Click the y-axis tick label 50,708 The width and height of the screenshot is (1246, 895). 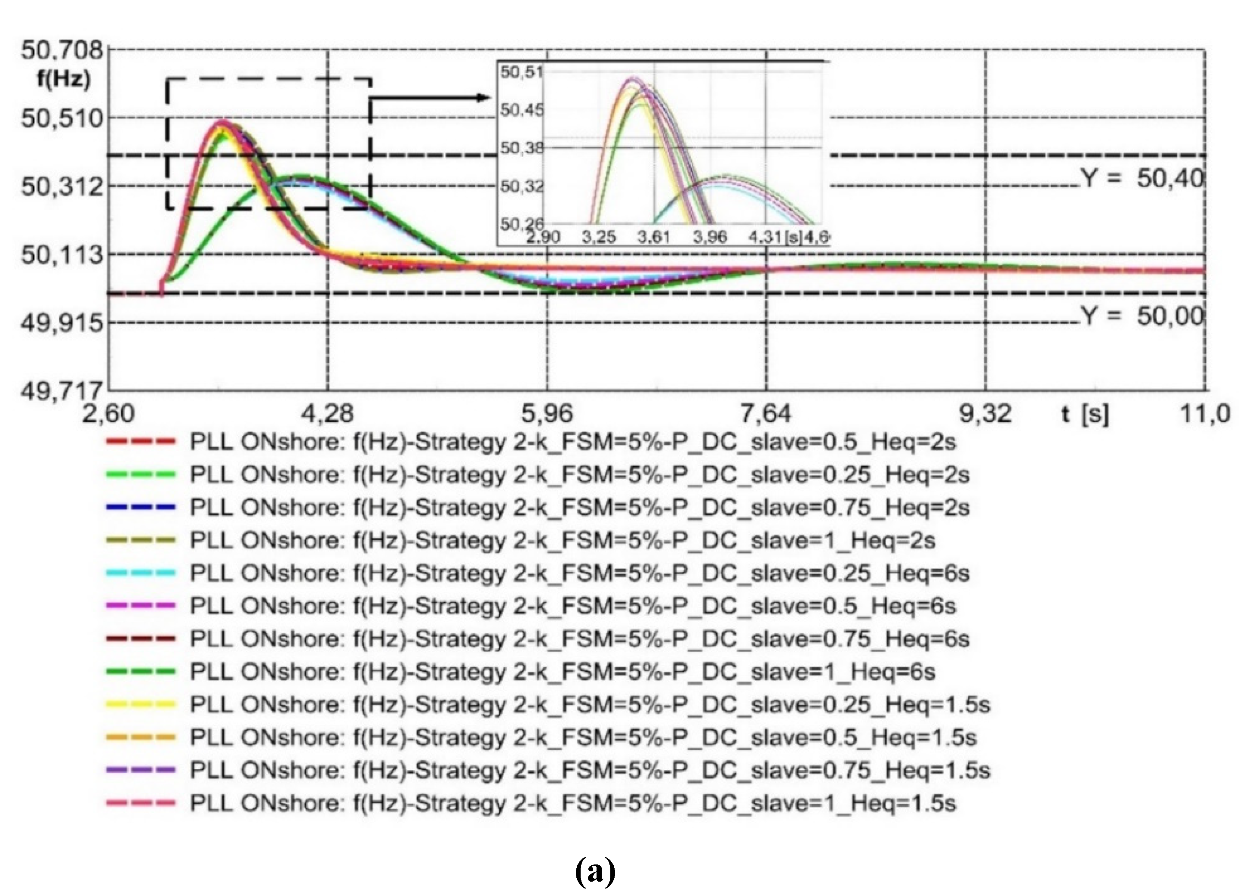62,50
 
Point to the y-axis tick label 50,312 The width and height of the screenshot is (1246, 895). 62,187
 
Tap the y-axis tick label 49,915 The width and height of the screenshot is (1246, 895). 62,323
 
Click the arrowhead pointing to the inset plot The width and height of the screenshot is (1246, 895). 483,98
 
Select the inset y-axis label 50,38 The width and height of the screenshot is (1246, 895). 521,148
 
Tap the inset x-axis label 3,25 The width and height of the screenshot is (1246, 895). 598,238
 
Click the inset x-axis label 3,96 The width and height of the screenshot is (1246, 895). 710,238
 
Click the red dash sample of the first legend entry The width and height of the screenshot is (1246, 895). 141,441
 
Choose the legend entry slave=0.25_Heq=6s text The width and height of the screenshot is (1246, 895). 580,573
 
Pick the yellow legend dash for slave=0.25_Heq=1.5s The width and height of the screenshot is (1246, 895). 141,704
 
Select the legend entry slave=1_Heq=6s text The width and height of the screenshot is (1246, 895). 563,671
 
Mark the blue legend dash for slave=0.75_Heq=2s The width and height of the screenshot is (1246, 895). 141,507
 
